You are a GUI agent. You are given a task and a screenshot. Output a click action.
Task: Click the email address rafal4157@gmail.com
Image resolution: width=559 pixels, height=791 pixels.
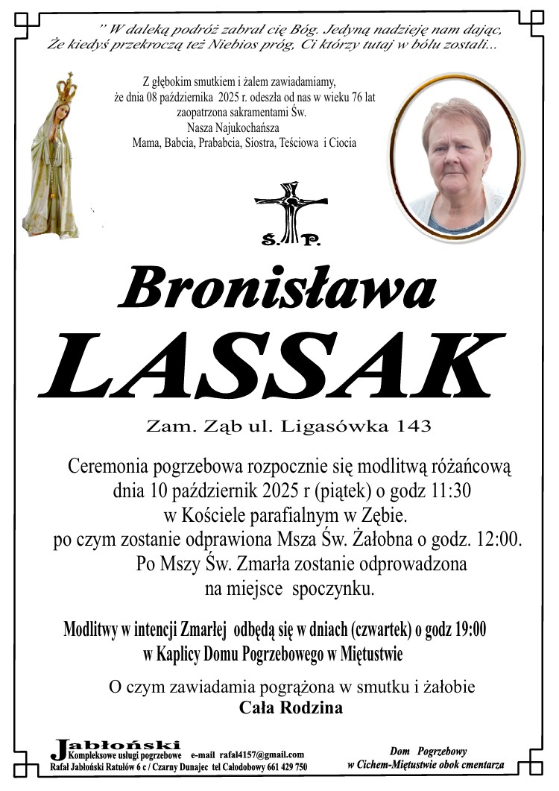pos(262,754)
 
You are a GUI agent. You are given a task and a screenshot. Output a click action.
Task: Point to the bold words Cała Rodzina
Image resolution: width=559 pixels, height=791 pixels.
pos(291,708)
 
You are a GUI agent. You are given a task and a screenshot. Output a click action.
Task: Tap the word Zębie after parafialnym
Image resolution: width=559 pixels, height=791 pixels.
pos(385,515)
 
